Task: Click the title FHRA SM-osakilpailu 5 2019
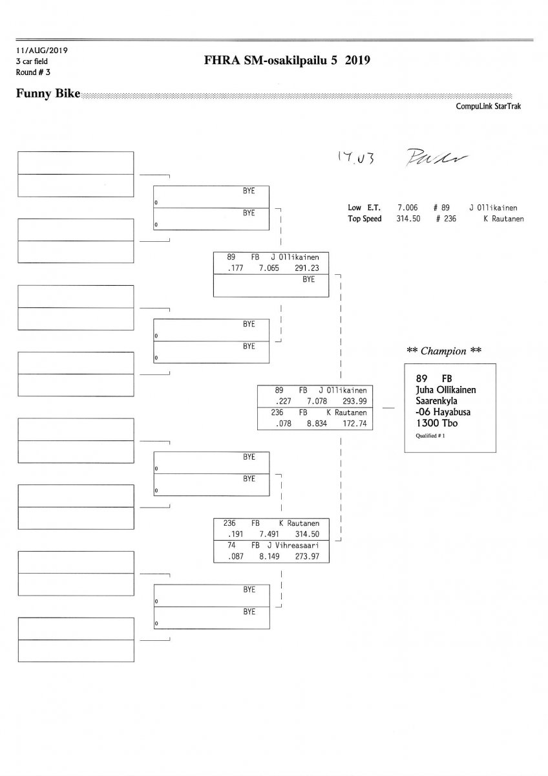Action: (286, 61)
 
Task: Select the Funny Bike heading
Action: (48, 94)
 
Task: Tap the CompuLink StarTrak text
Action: (488, 107)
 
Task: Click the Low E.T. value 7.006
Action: (407, 208)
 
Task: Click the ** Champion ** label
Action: (444, 351)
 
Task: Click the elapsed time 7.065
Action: (268, 267)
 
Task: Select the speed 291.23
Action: (306, 267)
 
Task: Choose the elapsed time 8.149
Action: (269, 556)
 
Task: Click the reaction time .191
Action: (234, 534)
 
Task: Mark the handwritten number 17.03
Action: (352, 156)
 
